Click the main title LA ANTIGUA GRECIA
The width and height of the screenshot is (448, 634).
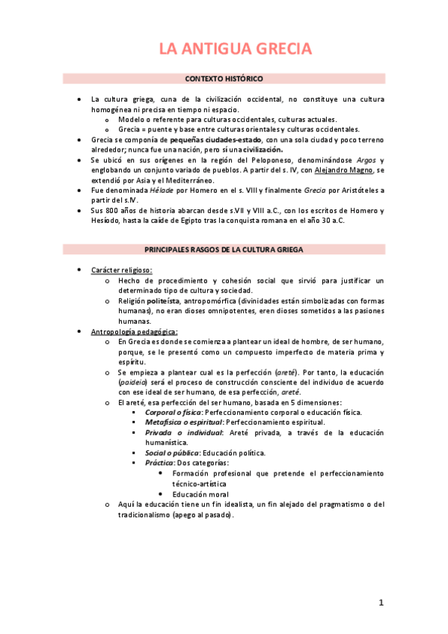(x=224, y=49)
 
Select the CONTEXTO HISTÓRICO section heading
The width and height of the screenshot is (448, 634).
(x=224, y=79)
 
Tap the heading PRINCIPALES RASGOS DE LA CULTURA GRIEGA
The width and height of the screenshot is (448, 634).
(x=224, y=249)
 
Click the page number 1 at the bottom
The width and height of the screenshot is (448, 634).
(x=381, y=603)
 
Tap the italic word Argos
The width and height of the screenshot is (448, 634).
(x=366, y=160)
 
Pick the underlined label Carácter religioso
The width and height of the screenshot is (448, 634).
(x=121, y=269)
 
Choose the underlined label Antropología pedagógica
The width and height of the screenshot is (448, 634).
(x=135, y=331)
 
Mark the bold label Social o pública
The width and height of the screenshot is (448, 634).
(x=171, y=453)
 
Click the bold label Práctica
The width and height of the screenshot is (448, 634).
(x=159, y=463)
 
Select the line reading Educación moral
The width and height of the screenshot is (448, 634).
(x=199, y=493)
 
